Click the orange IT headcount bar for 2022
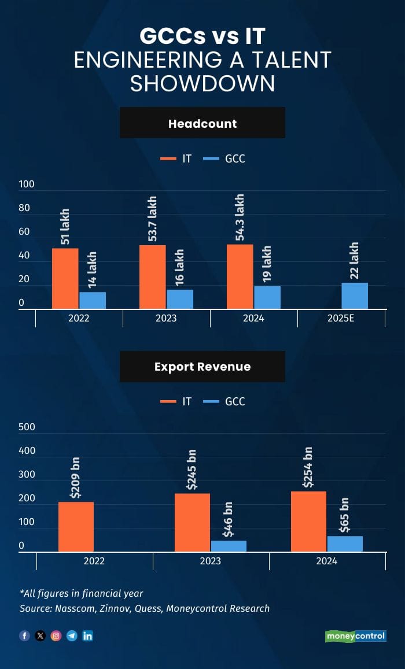65,279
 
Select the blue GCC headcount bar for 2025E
355,295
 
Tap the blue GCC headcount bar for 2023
180,299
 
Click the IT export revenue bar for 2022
76,527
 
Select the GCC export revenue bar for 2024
345,544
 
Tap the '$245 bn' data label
192,468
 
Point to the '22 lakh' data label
355,261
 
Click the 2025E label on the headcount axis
341,318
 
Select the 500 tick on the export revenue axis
27,427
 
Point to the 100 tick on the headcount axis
27,184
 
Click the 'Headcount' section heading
203,123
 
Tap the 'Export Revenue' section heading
203,367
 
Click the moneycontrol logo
355,636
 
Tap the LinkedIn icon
88,636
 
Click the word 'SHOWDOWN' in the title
203,83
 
